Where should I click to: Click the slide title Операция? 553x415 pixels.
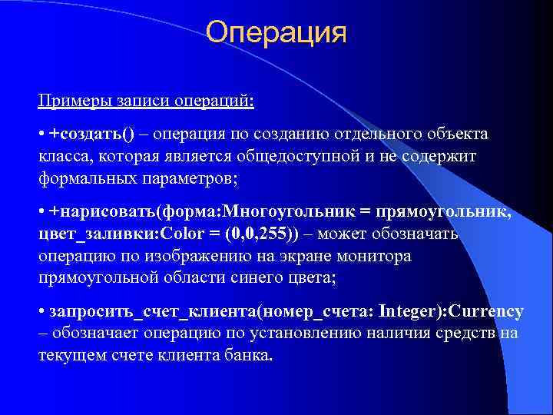(x=276, y=32)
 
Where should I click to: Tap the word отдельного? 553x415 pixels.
(x=356, y=134)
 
